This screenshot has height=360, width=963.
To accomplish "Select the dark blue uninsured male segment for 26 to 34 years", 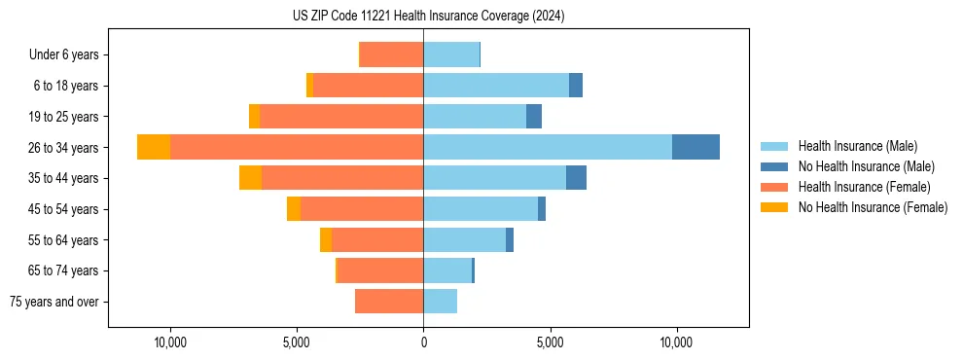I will [695, 147].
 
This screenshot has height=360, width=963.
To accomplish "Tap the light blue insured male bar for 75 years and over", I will [440, 302].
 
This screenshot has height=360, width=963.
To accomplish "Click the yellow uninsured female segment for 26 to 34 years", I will [154, 147].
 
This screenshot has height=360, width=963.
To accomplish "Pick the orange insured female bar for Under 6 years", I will [391, 54].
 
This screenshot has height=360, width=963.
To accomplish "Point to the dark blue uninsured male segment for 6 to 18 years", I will [576, 86].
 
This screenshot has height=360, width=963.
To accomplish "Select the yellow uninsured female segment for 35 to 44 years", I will [250, 178].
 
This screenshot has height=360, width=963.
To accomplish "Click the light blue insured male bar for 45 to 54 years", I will [481, 209].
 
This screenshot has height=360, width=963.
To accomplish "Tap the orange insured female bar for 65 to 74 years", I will [380, 270].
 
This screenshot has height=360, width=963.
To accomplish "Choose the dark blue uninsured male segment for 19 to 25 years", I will [534, 117].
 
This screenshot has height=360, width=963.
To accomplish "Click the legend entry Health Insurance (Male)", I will [857, 146].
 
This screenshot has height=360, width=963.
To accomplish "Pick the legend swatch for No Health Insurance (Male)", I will [774, 166].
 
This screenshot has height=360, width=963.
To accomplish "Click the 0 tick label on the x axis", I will [423, 342].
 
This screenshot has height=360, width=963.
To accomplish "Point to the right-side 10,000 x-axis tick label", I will [676, 342].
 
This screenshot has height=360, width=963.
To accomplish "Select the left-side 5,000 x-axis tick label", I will [297, 342].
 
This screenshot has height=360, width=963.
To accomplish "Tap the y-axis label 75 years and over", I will [53, 302].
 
